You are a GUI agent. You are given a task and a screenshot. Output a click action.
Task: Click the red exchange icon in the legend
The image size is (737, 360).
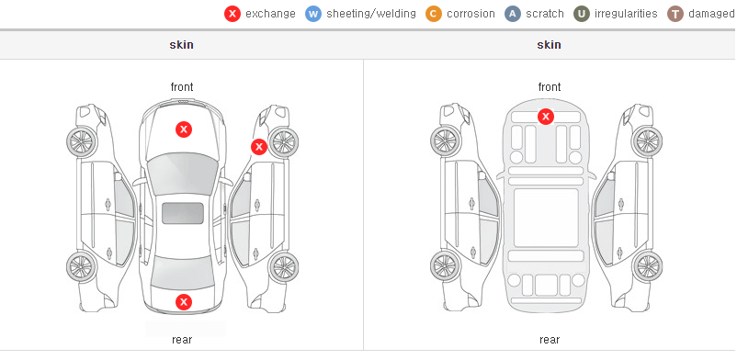point(232,14)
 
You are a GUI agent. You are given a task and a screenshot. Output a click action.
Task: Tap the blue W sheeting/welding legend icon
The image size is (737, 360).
point(313,14)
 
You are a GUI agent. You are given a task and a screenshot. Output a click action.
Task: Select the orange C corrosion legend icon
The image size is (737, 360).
point(434,14)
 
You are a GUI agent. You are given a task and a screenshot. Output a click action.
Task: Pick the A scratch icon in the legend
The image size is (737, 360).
point(513,14)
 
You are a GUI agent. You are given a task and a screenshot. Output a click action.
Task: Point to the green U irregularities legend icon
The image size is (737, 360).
point(582,14)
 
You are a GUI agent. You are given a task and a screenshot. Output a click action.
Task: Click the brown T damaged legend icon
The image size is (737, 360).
point(675,14)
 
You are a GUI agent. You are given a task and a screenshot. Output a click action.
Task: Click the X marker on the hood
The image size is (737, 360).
point(184,129)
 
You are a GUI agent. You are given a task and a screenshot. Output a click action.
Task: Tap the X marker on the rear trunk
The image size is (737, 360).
point(184,302)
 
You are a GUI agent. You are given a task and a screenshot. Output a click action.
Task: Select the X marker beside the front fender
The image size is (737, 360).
point(259,147)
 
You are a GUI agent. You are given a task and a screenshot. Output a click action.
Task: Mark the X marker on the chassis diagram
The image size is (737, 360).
point(545,116)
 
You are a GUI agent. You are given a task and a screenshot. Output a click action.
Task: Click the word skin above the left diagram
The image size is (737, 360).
point(181,45)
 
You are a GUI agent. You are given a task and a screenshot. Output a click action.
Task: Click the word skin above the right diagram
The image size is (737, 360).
point(549,45)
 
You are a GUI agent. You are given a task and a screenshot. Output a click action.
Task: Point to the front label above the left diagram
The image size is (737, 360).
point(182,87)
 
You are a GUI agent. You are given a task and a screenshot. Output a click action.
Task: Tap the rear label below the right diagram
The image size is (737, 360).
point(550,340)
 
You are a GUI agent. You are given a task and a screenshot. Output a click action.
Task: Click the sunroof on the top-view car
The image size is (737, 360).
point(183,213)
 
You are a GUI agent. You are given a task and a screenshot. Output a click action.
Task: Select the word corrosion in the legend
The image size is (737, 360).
point(471,14)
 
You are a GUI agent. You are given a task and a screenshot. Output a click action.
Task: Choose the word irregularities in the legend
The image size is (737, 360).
point(626,14)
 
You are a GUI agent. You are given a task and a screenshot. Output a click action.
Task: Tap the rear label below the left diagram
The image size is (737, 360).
point(182,340)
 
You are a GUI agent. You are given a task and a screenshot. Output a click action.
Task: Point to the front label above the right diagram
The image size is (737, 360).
point(550,87)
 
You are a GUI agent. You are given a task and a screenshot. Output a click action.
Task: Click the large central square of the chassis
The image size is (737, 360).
point(546,218)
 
